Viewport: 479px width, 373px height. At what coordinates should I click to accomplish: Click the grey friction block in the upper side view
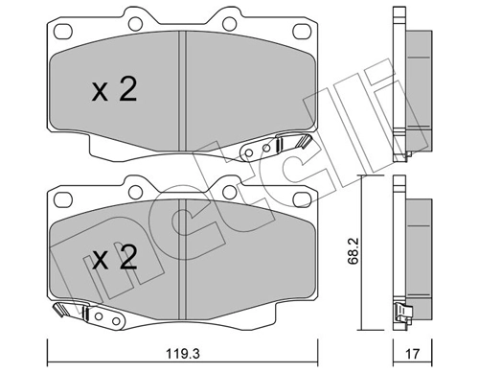pos(414,77)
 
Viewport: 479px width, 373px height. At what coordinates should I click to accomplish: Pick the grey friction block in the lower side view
pos(414,245)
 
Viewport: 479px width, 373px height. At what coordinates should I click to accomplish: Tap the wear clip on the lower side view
pos(401,313)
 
